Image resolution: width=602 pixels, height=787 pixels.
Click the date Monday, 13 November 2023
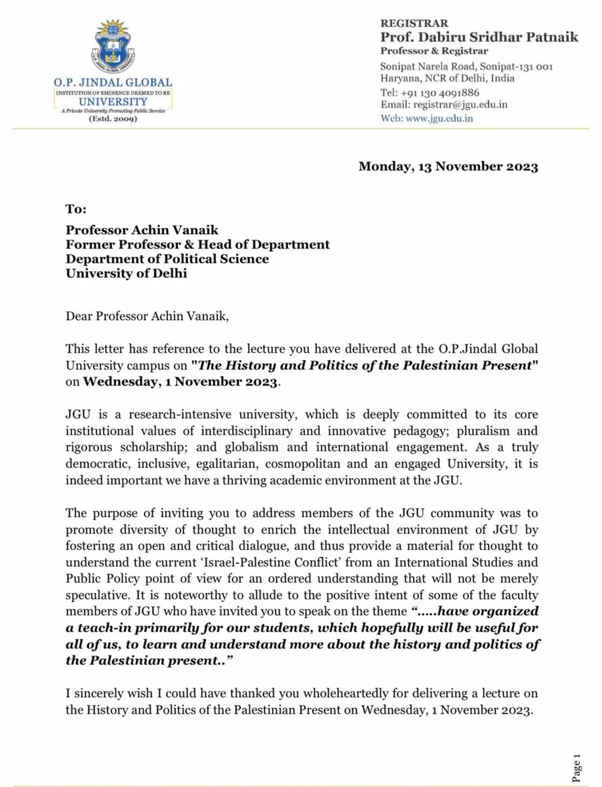click(x=448, y=167)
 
